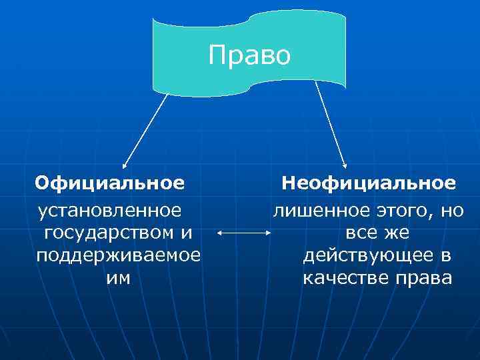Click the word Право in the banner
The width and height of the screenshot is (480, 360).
tap(249, 55)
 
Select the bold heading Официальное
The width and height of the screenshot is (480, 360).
tap(110, 183)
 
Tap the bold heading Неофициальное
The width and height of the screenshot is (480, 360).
tap(369, 183)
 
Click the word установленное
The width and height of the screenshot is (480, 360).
tap(110, 211)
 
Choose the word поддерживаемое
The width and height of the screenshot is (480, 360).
tap(119, 256)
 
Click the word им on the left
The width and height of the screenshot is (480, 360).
tap(119, 277)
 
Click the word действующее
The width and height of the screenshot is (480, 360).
tap(362, 256)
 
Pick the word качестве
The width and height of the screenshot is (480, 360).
tap(345, 277)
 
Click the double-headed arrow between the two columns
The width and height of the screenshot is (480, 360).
tap(244, 233)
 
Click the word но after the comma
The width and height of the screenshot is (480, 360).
tap(453, 211)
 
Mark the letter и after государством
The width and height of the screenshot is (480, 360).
tap(186, 233)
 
